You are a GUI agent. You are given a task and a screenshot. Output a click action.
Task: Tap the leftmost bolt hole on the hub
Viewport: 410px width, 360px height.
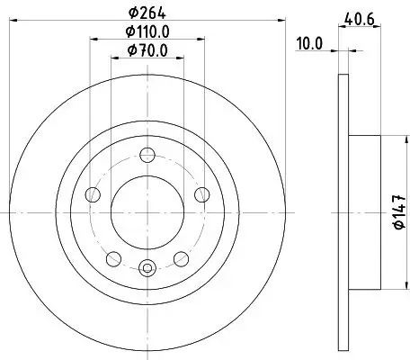pyautogui.click(x=91, y=194)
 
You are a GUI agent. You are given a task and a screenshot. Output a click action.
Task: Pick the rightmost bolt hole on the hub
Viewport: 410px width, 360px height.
pyautogui.click(x=201, y=194)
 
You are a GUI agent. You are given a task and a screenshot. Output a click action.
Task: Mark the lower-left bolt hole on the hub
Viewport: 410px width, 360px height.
pyautogui.click(x=112, y=259)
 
